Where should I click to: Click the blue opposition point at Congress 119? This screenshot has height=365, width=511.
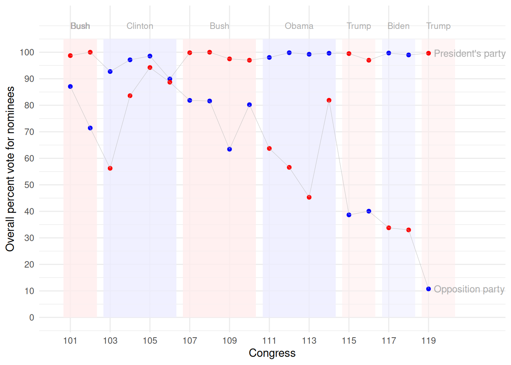pyautogui.click(x=428, y=289)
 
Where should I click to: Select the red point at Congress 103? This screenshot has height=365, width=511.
pyautogui.click(x=110, y=168)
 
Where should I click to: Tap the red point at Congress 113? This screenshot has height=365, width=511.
pyautogui.click(x=309, y=197)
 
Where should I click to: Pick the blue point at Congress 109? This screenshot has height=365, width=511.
pyautogui.click(x=230, y=149)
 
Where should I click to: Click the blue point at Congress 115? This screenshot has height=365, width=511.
pyautogui.click(x=349, y=215)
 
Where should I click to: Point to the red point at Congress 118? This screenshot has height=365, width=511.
pyautogui.click(x=409, y=230)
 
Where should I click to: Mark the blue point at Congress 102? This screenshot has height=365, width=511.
pyautogui.click(x=90, y=128)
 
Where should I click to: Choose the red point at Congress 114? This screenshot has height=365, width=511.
pyautogui.click(x=329, y=100)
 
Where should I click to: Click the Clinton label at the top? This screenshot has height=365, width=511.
pyautogui.click(x=140, y=26)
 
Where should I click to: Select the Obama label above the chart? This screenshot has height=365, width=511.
pyautogui.click(x=299, y=26)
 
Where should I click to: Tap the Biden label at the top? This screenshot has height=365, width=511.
pyautogui.click(x=398, y=26)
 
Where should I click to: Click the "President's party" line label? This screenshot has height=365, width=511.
pyautogui.click(x=470, y=54)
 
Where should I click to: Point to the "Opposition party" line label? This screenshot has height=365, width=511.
pyautogui.click(x=469, y=289)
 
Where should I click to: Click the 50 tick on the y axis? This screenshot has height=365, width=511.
pyautogui.click(x=29, y=185)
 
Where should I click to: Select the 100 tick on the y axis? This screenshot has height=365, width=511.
pyautogui.click(x=27, y=52)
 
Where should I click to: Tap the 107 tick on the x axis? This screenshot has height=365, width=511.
pyautogui.click(x=190, y=341)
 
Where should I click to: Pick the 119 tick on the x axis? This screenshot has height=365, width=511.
pyautogui.click(x=428, y=341)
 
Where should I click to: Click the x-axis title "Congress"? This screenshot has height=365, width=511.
pyautogui.click(x=272, y=353)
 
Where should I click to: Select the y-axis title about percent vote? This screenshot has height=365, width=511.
pyautogui.click(x=10, y=169)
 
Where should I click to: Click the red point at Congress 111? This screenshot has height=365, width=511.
pyautogui.click(x=269, y=149)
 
